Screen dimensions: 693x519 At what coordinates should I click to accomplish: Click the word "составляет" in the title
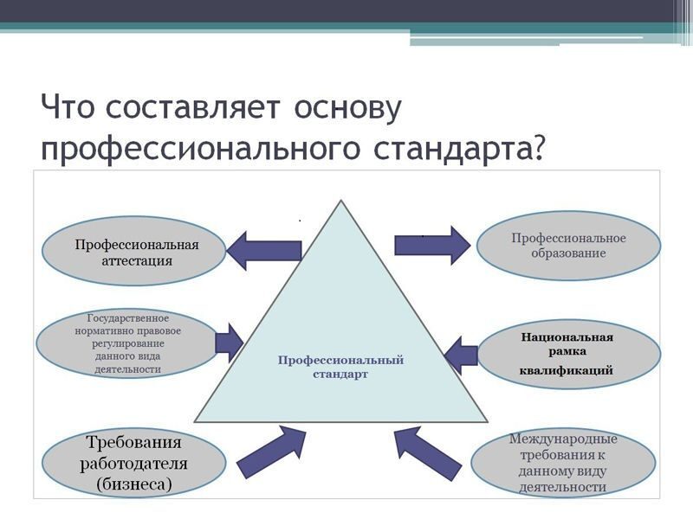[x=193, y=106]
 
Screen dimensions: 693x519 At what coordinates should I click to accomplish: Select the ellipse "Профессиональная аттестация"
[x=134, y=251]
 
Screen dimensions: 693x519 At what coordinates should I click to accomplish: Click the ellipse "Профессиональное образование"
[x=569, y=246]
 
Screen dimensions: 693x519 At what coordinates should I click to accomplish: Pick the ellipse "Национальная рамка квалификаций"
[x=569, y=354]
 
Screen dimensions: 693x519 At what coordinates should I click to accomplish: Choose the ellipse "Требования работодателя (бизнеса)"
[x=134, y=463]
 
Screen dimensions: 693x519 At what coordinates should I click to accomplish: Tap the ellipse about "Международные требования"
[x=563, y=463]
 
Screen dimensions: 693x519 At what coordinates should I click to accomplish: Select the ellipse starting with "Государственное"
[x=127, y=343]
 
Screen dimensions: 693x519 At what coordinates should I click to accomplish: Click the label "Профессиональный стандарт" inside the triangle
[x=340, y=367]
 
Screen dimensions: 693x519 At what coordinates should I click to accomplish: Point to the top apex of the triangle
[x=340, y=201]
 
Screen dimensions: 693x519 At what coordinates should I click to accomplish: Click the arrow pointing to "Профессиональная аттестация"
[x=264, y=251]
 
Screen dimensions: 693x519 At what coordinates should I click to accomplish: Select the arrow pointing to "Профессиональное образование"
[x=432, y=246]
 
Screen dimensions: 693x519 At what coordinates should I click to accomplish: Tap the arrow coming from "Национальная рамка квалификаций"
[x=461, y=356]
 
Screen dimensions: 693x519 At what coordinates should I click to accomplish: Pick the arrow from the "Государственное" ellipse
[x=230, y=343]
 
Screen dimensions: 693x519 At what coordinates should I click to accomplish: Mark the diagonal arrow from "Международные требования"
[x=427, y=453]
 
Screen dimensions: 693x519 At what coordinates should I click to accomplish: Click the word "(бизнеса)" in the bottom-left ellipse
[x=134, y=484]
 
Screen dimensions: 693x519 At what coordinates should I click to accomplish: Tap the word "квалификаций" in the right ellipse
[x=567, y=370]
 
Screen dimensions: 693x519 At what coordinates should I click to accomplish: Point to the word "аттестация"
[x=137, y=260]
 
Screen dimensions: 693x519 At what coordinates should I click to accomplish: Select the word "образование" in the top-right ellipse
[x=568, y=253]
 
